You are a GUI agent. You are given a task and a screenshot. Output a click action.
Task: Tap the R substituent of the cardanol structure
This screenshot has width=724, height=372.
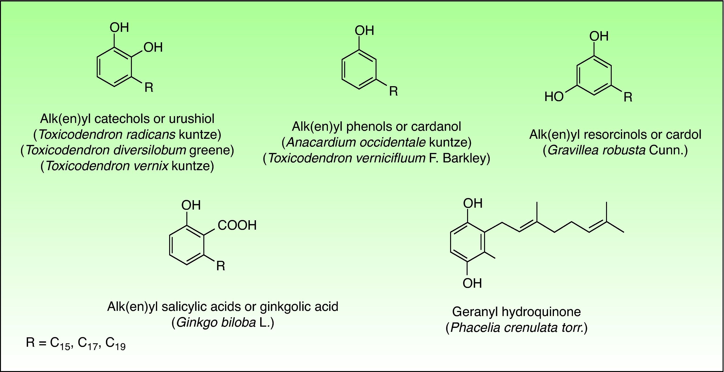point(393,91)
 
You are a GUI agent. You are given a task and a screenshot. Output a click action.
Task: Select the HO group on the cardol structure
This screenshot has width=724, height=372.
point(554,97)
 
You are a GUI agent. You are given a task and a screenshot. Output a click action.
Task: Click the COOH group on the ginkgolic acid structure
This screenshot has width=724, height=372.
point(237,225)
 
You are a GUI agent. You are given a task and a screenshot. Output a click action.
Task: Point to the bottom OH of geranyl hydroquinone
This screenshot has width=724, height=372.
point(472,283)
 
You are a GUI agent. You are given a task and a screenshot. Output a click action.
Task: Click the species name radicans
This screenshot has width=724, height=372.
point(151,135)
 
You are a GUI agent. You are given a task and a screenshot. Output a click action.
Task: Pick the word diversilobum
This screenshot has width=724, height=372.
point(150,150)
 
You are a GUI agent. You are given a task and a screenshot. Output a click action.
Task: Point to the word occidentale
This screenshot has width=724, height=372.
point(392,142)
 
